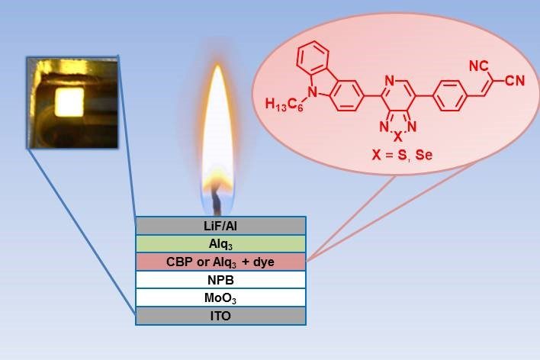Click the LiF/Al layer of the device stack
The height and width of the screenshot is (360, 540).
(220, 225)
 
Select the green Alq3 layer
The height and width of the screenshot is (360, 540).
(220, 243)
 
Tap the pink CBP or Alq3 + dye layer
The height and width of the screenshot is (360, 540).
(220, 262)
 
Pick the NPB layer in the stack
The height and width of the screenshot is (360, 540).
(220, 279)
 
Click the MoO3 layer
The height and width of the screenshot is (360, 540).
(220, 297)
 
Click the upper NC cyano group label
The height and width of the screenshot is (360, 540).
(477, 66)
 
